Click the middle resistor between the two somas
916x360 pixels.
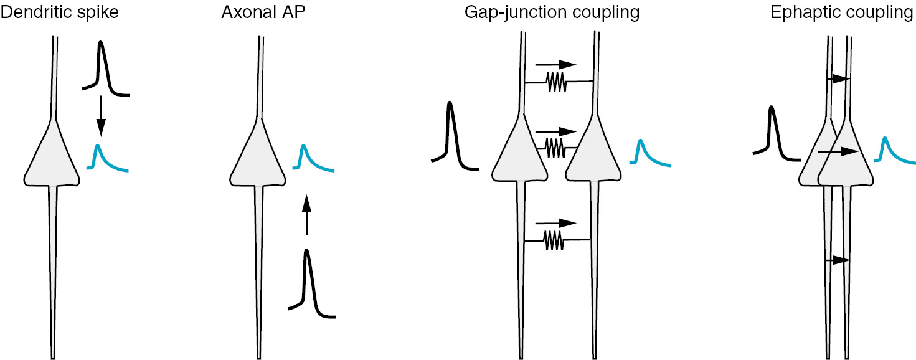click(555, 147)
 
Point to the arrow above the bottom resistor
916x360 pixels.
click(556, 222)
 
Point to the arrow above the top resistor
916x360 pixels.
click(556, 64)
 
